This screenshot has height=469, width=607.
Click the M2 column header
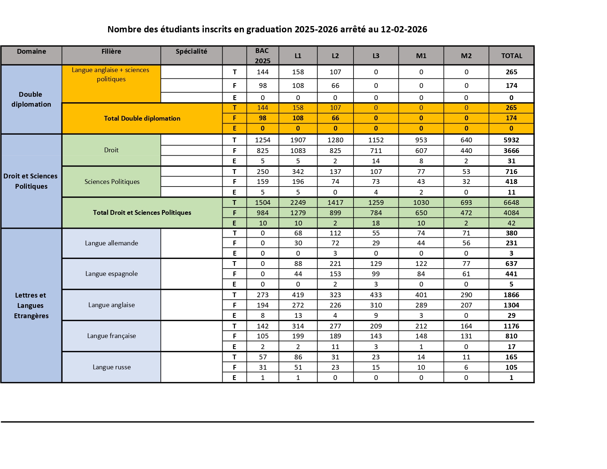tap(466, 56)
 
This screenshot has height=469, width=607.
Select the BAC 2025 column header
tap(262, 56)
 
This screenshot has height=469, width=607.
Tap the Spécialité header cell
tap(191, 51)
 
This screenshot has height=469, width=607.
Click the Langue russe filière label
tap(111, 367)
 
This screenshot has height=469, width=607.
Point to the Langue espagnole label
tap(111, 274)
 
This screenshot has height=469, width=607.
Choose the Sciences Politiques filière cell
tap(112, 182)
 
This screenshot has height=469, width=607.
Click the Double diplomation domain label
tap(31, 99)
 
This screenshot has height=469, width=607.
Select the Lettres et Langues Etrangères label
tap(31, 305)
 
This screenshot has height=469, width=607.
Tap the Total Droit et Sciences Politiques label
tap(142, 213)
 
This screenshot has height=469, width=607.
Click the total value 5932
tap(511, 140)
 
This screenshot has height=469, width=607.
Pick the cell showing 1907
tap(298, 140)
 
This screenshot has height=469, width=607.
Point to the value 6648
tap(511, 203)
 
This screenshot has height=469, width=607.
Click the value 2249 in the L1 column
tap(298, 203)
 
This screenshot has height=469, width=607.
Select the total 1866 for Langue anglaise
tap(511, 295)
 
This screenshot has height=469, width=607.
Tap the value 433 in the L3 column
tap(376, 295)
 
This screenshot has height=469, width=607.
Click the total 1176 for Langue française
tap(511, 326)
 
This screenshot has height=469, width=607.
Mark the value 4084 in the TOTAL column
tap(511, 213)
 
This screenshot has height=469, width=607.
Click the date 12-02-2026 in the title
tap(404, 29)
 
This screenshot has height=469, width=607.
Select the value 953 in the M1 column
tap(421, 140)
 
